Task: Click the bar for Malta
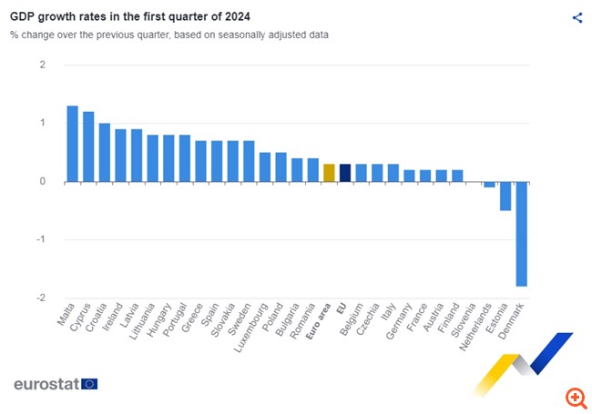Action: (72, 144)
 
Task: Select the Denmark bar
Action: (522, 234)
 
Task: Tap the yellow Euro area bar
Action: (329, 173)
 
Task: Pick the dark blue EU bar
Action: (345, 173)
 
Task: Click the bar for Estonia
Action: (505, 196)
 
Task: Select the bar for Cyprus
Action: (88, 146)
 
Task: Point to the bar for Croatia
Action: (105, 153)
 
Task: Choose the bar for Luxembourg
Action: (265, 167)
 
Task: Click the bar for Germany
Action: (409, 176)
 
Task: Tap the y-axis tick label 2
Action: (42, 65)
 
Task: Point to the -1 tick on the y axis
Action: (40, 239)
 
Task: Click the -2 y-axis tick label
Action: (40, 298)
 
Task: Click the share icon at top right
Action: (577, 17)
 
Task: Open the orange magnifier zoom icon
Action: (575, 397)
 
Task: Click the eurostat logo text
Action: (46, 383)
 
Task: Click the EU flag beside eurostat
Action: (89, 384)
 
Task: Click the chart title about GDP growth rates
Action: (131, 16)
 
